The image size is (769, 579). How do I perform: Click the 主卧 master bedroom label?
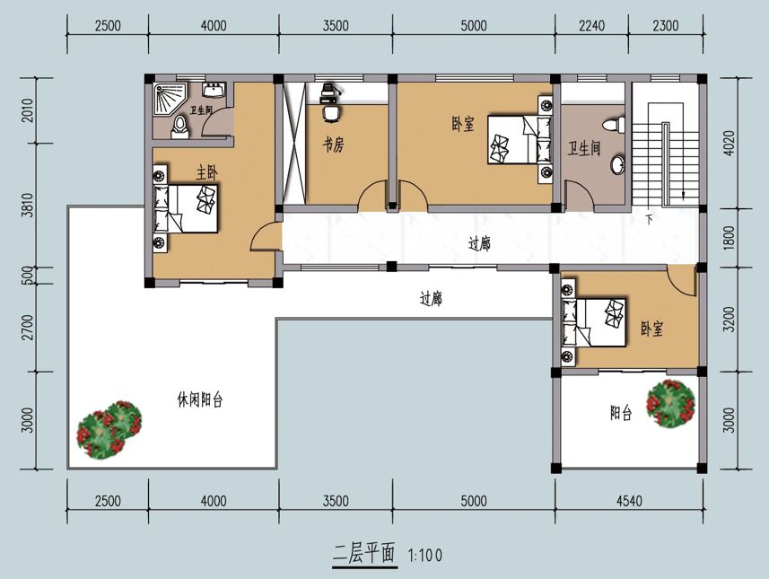[x=206, y=172]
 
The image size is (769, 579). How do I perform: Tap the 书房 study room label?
[x=333, y=145]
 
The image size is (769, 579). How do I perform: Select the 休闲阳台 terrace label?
[x=199, y=399]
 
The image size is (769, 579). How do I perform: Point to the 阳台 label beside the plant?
[x=621, y=413]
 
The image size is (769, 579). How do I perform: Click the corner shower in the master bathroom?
[x=170, y=99]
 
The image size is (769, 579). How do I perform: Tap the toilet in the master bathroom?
[x=180, y=127]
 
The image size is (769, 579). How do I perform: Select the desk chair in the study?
[x=331, y=113]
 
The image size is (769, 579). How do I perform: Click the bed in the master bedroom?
[x=186, y=208]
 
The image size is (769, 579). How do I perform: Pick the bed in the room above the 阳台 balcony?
[x=594, y=322]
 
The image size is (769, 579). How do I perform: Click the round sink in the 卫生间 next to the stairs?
[x=618, y=165]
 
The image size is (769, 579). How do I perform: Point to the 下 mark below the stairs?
[x=649, y=219]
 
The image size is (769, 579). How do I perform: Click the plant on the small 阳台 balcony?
[x=671, y=403]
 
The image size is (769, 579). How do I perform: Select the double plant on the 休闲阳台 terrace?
[x=109, y=430]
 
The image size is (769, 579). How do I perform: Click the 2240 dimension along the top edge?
[x=591, y=25]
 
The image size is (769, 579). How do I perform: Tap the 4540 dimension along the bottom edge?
[x=629, y=501]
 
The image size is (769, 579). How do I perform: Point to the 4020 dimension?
[x=730, y=143]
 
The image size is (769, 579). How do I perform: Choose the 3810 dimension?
[x=28, y=205]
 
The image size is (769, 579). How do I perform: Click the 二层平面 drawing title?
[x=364, y=554]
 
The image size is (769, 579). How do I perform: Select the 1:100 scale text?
[x=425, y=556]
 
